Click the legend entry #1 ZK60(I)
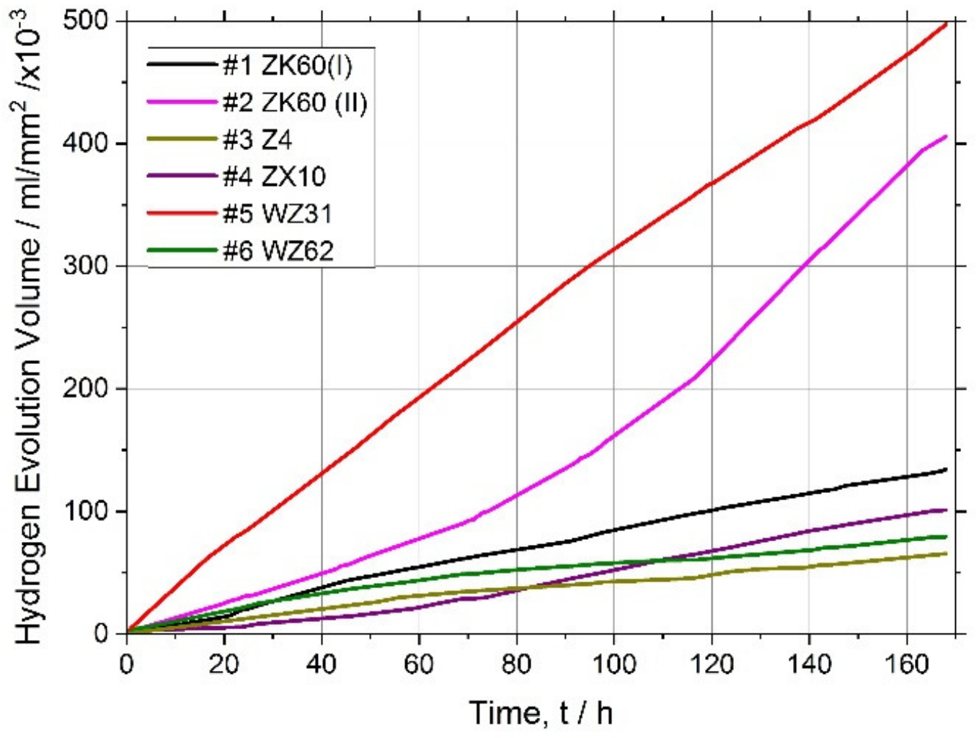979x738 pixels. (287, 66)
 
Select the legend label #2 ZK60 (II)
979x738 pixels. (295, 103)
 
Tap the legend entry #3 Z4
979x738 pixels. (257, 140)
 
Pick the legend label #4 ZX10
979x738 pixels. (274, 177)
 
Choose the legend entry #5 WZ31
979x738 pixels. (278, 214)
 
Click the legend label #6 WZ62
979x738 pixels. (278, 251)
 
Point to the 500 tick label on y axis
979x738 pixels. (86, 21)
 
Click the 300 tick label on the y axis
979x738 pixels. (86, 266)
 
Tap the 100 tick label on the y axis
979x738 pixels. (86, 511)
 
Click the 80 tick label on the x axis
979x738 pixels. (517, 664)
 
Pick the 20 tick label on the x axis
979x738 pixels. (224, 664)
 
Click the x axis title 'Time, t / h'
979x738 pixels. (541, 713)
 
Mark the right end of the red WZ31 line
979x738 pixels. (946, 23)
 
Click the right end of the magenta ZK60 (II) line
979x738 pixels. (945, 136)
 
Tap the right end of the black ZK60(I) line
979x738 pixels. (945, 470)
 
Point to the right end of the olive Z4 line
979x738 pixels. (945, 553)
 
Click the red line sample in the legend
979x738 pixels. (182, 214)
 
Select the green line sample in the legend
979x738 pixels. (182, 251)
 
